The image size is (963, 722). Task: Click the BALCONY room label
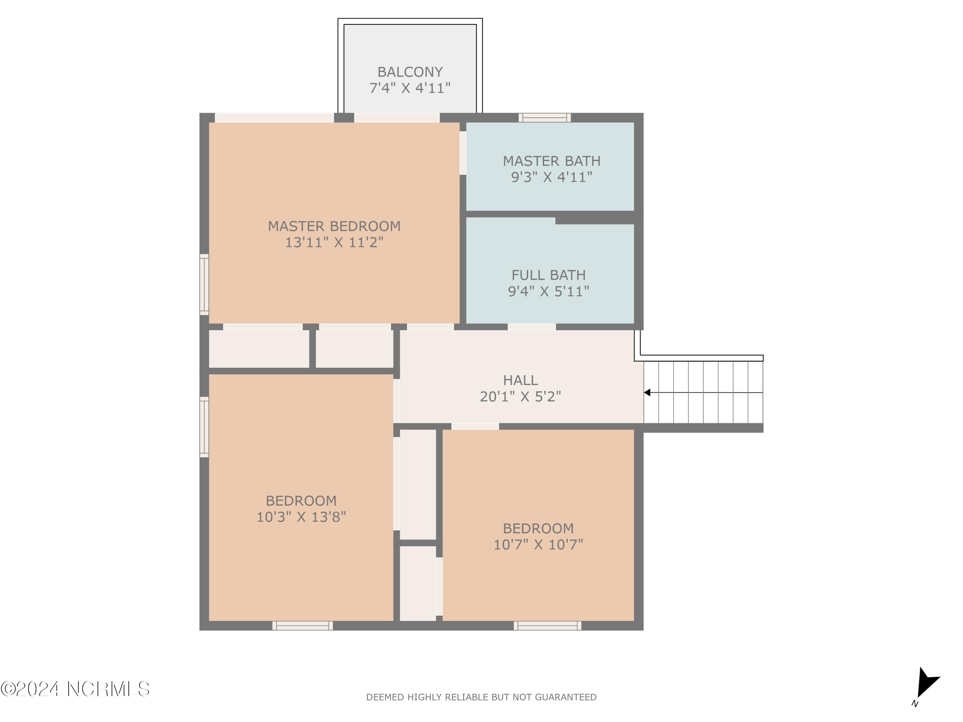(x=410, y=72)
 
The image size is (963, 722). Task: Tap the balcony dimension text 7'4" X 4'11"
(x=410, y=88)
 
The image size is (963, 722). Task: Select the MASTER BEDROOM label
(x=334, y=226)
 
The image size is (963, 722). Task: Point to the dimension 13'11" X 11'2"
(x=334, y=242)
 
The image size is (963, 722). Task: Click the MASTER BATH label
(x=551, y=161)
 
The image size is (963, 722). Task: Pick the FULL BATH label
(x=548, y=275)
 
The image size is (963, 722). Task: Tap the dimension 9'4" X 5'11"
(x=548, y=291)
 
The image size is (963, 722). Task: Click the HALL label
(x=520, y=380)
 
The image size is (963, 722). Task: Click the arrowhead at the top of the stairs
(x=647, y=392)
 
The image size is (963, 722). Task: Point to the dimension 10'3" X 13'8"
(x=301, y=517)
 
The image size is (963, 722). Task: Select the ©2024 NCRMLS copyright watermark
(x=75, y=689)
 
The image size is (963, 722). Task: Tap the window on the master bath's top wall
(x=544, y=117)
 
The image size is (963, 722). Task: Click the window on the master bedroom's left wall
(x=204, y=284)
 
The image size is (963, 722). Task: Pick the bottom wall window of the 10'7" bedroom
(x=547, y=626)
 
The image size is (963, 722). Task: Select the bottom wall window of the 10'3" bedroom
(x=303, y=626)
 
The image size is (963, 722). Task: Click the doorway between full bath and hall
(x=532, y=327)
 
